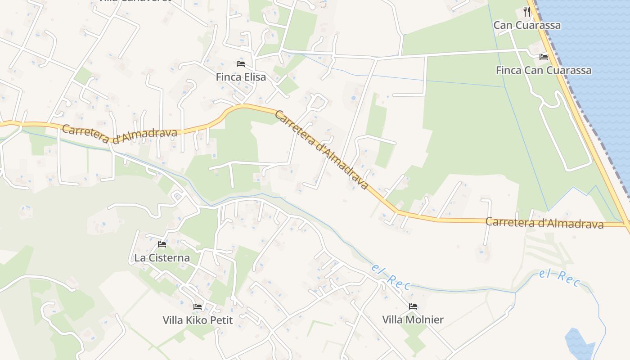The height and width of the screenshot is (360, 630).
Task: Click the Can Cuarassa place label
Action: click(527, 25)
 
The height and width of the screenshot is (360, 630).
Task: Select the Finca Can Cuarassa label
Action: click(544, 70)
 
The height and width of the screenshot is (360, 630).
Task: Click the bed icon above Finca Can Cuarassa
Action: click(544, 57)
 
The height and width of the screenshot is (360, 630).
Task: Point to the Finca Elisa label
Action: click(241, 77)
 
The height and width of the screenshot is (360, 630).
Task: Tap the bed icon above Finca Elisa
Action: click(241, 63)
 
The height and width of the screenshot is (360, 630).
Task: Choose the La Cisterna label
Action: click(162, 258)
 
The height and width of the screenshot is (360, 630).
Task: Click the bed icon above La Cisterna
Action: click(162, 244)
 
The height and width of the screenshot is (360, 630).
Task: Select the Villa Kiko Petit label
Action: click(198, 320)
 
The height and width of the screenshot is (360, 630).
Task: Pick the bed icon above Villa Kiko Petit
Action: click(198, 307)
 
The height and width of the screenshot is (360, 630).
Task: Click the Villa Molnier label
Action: click(413, 319)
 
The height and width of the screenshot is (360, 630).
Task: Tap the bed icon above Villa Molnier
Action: click(413, 306)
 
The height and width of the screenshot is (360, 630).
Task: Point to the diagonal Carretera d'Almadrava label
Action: click(321, 149)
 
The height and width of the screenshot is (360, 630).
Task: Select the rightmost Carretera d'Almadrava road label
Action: click(544, 223)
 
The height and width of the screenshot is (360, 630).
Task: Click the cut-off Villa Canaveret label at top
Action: click(135, 1)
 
